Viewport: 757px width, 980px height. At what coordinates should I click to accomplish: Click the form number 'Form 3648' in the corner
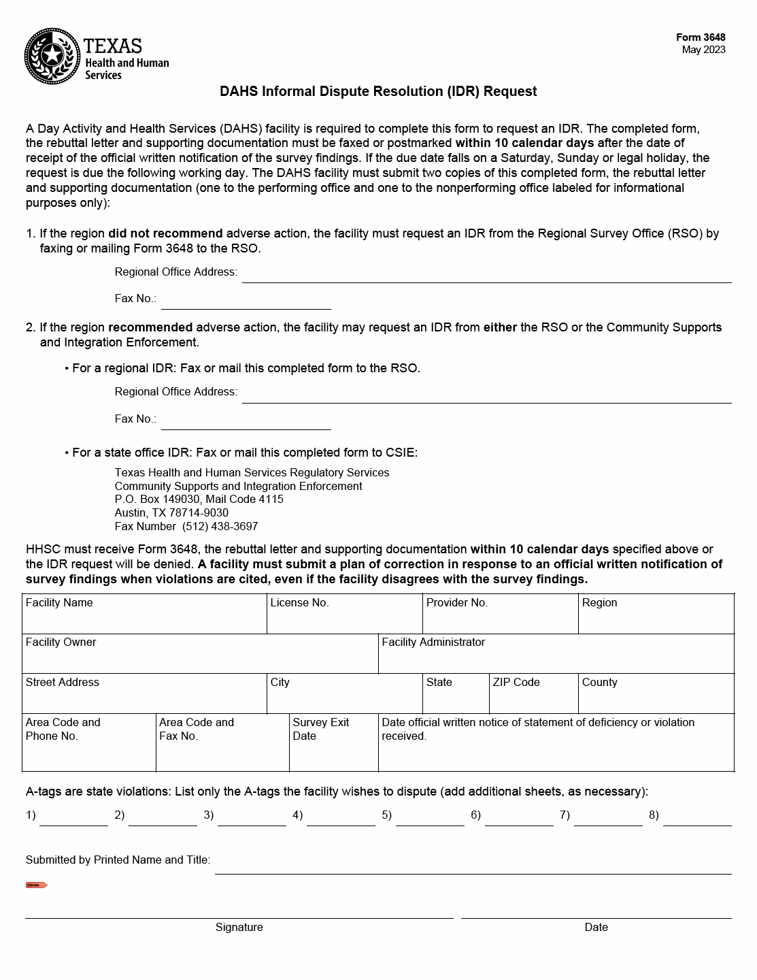point(701,37)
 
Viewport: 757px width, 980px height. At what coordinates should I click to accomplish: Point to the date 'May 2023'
point(703,50)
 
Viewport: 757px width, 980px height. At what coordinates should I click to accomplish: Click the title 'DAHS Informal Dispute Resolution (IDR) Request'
point(378,91)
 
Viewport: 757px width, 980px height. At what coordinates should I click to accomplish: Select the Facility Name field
point(144,619)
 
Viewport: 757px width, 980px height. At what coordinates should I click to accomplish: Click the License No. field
point(344,619)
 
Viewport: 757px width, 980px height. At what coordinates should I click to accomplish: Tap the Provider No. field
point(500,619)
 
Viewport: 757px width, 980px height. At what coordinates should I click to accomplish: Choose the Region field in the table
point(656,619)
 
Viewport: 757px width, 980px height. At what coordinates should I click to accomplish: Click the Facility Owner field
point(200,659)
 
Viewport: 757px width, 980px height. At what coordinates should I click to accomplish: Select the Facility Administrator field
point(556,659)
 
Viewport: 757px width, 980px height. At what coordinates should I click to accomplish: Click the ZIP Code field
point(533,699)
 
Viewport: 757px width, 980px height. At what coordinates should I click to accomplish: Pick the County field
point(656,699)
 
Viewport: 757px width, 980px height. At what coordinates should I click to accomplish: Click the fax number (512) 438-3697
point(220,526)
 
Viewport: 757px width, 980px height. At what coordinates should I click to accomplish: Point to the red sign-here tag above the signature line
point(37,885)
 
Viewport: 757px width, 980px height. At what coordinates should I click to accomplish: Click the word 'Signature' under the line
point(239,927)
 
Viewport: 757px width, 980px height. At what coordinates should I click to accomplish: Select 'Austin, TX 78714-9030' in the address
point(171,512)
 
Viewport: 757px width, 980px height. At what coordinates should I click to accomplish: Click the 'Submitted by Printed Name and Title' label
point(118,860)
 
